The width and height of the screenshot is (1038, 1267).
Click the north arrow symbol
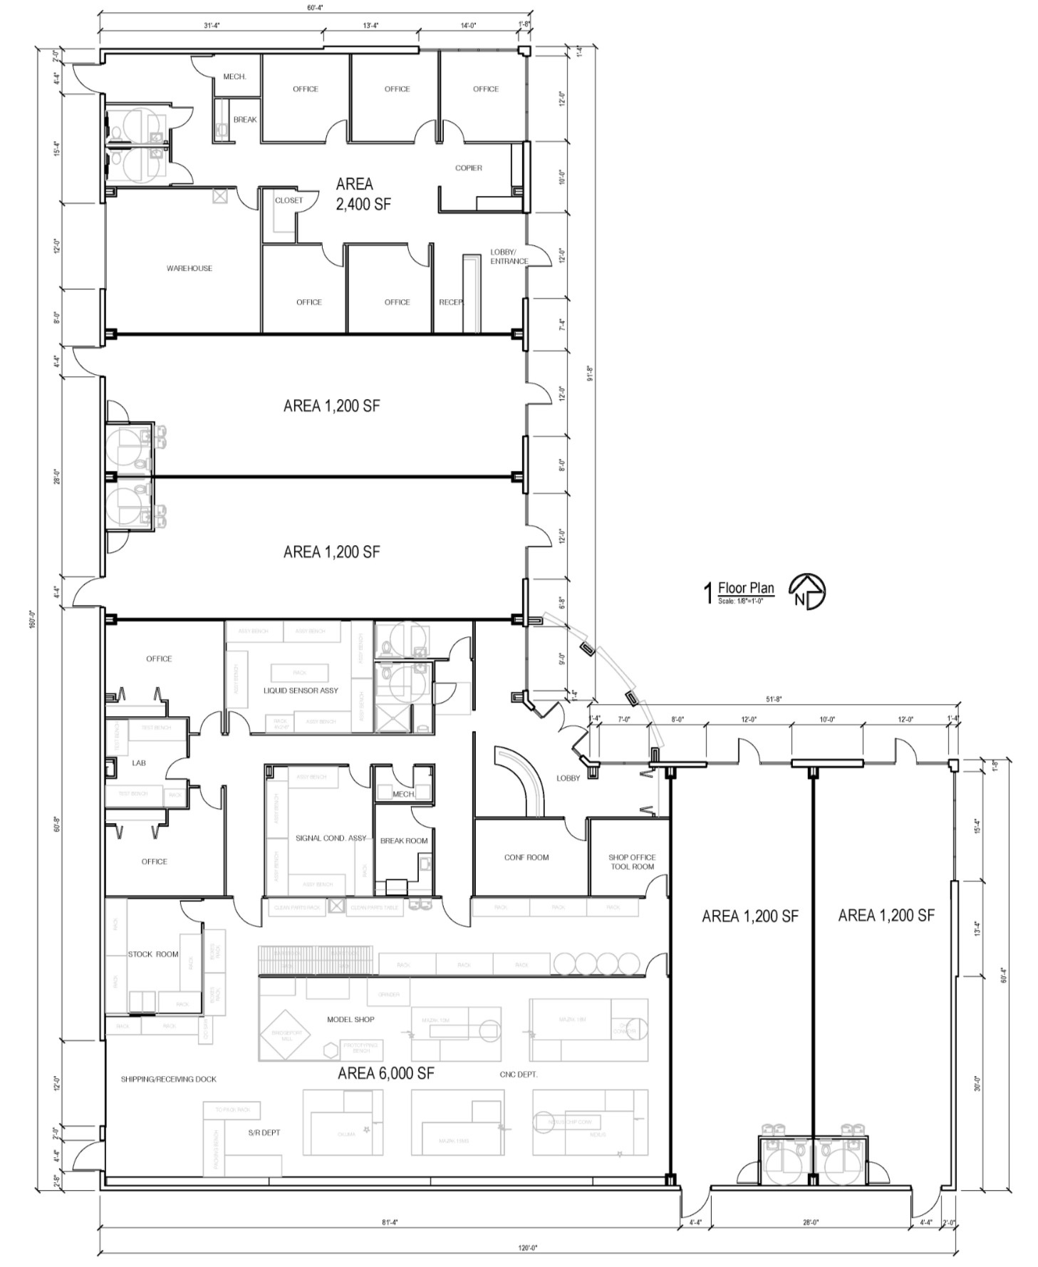[806, 591]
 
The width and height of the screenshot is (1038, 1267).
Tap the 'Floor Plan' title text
[745, 588]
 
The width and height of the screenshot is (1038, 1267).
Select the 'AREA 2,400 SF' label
[363, 194]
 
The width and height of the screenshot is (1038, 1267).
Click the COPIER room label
[468, 168]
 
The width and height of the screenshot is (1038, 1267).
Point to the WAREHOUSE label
[190, 269]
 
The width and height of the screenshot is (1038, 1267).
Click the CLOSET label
[289, 201]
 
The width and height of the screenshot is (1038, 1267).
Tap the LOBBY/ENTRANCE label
[509, 257]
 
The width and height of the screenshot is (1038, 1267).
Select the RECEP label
[450, 302]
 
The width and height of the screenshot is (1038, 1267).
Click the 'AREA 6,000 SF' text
[385, 1073]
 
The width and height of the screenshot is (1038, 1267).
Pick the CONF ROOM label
[526, 857]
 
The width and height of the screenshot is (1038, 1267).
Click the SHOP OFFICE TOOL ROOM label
[631, 862]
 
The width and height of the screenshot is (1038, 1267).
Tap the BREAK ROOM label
[404, 841]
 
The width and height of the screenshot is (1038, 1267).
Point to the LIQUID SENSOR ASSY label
[301, 691]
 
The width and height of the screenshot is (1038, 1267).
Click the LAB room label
[139, 763]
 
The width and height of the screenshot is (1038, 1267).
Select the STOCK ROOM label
[153, 954]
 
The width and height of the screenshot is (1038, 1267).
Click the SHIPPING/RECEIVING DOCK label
[168, 1079]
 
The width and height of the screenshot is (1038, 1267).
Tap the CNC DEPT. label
[519, 1074]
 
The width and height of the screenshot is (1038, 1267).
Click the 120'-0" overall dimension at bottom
[528, 1248]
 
